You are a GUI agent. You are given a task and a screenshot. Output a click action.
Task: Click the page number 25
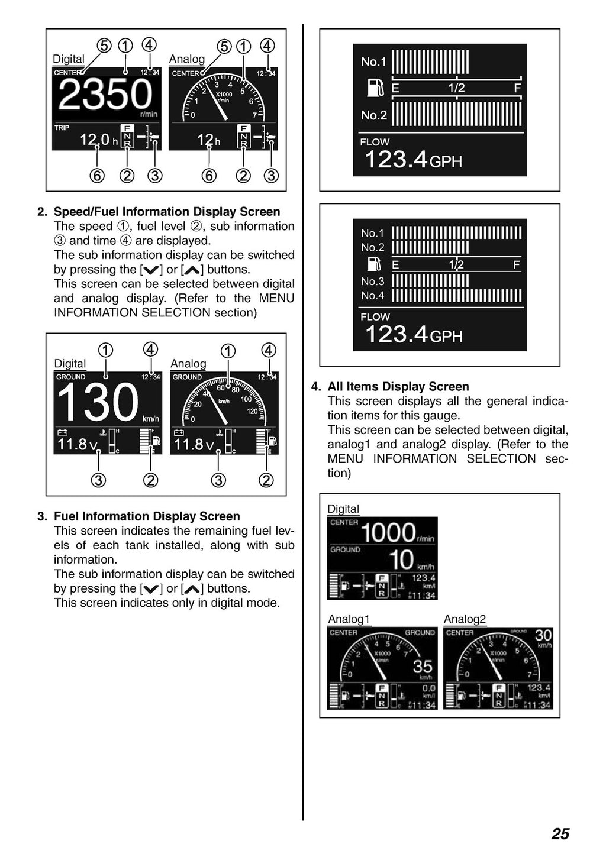[560, 833]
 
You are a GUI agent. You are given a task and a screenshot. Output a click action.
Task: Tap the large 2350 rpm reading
[105, 95]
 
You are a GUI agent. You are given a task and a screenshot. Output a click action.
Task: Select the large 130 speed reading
[98, 402]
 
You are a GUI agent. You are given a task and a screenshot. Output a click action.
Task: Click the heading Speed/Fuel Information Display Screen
[167, 212]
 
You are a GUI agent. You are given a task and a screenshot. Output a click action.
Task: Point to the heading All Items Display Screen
[398, 387]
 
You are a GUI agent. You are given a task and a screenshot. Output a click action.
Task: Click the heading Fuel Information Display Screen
[147, 516]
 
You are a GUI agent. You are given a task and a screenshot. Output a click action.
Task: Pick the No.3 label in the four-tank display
[372, 282]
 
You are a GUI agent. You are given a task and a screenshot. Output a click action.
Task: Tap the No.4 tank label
[372, 295]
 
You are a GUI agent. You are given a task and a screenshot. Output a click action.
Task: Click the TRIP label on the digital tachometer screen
[62, 128]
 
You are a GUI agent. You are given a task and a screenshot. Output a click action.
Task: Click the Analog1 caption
[349, 619]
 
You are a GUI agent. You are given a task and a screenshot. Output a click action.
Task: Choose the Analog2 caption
[465, 619]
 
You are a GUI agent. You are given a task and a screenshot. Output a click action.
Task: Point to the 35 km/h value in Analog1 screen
[423, 667]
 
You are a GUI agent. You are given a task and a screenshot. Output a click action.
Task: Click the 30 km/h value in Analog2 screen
[543, 636]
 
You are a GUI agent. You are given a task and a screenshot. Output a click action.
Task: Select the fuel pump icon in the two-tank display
[375, 88]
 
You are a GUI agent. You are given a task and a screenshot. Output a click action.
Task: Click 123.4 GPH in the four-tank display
[414, 335]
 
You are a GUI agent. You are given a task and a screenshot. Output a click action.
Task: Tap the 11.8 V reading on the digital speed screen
[76, 444]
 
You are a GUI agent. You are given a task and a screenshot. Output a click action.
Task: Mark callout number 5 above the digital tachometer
[104, 46]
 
